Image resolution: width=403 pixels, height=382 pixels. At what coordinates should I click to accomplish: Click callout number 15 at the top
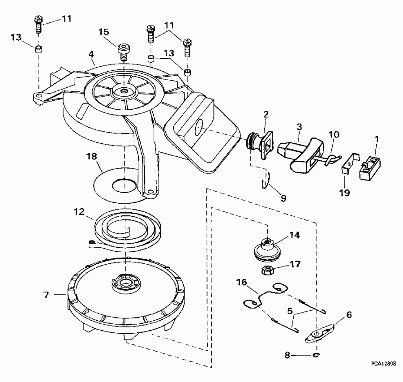pos(104,32)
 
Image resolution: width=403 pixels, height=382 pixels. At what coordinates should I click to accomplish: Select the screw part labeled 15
pos(123,50)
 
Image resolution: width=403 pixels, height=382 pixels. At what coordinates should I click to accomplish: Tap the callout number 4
pos(91,55)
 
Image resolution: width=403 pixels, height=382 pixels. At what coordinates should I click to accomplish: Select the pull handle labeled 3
pos(300,155)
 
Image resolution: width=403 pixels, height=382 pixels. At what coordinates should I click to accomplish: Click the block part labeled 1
pos(371,167)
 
